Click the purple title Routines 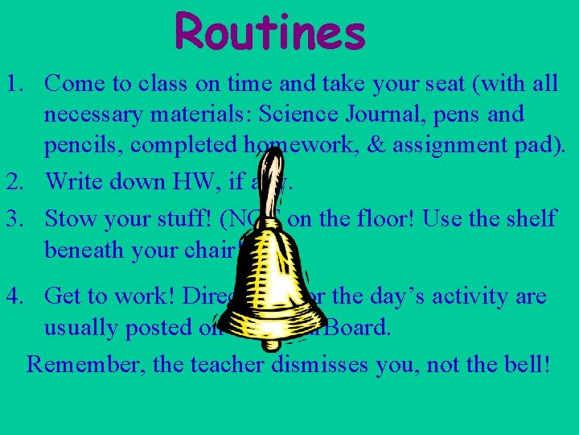pyautogui.click(x=270, y=33)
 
